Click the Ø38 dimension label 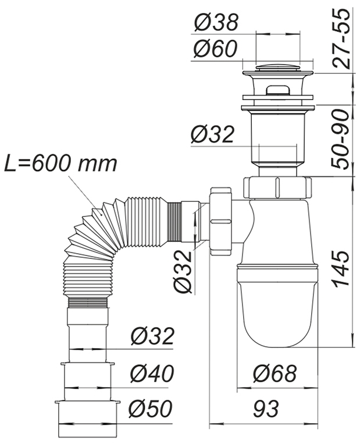click(215, 23)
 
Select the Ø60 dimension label click(215, 49)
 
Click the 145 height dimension click(343, 268)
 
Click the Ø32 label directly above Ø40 click(151, 336)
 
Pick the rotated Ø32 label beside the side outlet click(184, 273)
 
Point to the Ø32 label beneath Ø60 click(212, 134)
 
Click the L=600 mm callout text click(62, 164)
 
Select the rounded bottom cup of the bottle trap click(277, 308)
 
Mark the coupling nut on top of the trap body click(277, 187)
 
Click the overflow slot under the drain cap click(278, 91)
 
